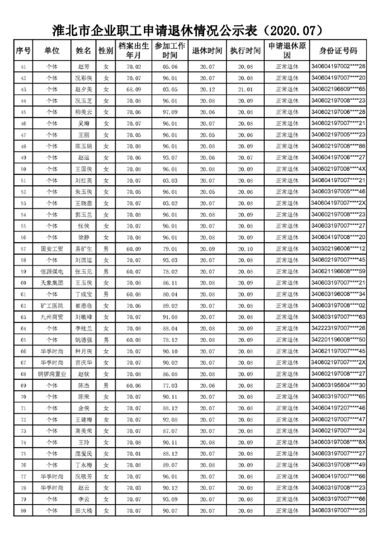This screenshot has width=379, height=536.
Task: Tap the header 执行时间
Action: coord(245,51)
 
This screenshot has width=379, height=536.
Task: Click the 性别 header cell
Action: coord(106,51)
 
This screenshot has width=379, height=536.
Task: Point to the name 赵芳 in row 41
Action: coord(84,66)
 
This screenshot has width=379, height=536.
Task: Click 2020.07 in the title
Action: coord(292,30)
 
